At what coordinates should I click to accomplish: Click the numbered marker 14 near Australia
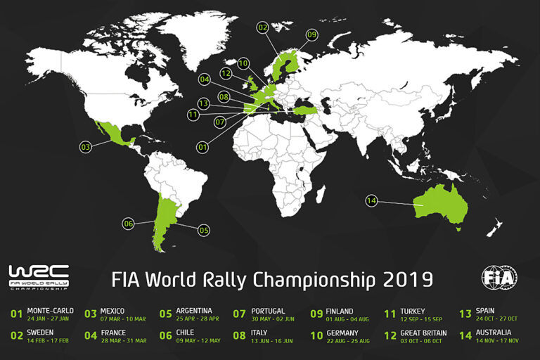(371, 201)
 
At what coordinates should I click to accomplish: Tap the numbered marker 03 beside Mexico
(86, 147)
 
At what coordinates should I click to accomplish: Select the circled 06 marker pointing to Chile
(128, 224)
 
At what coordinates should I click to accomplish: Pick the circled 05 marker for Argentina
(204, 229)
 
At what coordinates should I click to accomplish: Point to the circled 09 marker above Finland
(311, 34)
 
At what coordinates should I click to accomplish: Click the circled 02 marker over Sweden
(263, 27)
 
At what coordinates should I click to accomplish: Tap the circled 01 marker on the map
(202, 148)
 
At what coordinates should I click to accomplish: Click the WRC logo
(39, 276)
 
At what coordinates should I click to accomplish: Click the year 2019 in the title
(408, 279)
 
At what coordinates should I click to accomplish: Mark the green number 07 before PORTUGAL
(239, 314)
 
